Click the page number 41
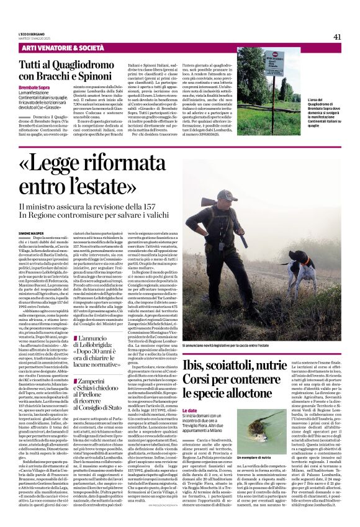coord(337,37)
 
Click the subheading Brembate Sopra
coord(34,88)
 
